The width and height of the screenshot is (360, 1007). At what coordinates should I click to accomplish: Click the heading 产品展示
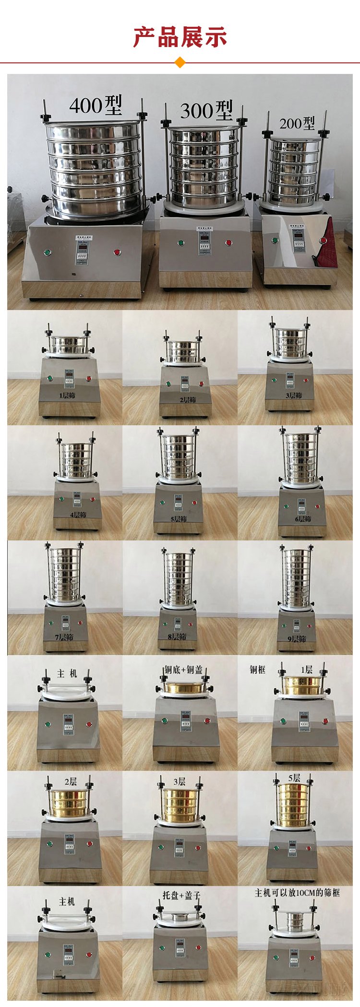coord(180,37)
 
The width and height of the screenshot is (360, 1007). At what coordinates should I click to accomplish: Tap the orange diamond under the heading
coord(180,62)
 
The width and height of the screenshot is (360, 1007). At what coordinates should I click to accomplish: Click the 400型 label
coord(96,105)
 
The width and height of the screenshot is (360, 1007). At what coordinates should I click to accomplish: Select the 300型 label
coord(206,111)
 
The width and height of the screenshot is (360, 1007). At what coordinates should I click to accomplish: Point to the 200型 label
coord(297,123)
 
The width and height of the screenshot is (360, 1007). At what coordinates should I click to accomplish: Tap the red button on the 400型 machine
coord(117,252)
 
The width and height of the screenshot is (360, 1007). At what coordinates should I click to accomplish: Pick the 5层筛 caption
coord(179,519)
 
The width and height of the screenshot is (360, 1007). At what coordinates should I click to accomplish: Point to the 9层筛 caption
coord(297,639)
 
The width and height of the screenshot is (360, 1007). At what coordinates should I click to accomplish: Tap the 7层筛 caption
coord(64,637)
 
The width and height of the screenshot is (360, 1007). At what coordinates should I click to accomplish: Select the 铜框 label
coord(257,670)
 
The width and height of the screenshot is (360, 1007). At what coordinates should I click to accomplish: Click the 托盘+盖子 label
coord(181,895)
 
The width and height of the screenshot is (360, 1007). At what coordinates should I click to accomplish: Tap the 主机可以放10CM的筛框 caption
coord(297,893)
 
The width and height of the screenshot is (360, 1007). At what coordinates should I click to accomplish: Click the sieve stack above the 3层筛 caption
coord(289,344)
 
